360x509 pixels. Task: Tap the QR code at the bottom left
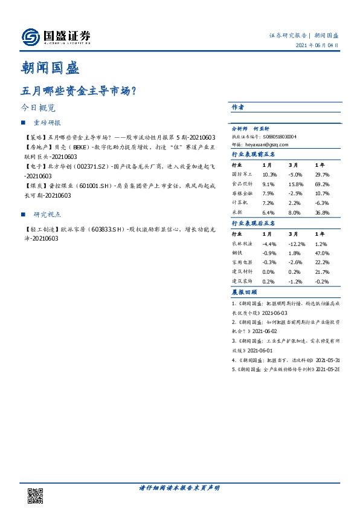(36, 495)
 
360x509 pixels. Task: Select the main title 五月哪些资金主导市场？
(78, 92)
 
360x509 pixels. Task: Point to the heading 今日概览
(38, 108)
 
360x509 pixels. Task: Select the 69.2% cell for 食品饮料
(321, 184)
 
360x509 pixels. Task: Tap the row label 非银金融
(240, 194)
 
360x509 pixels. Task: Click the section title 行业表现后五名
(253, 223)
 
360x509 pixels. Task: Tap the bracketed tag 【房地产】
(33, 147)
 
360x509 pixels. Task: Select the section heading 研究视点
(48, 215)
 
